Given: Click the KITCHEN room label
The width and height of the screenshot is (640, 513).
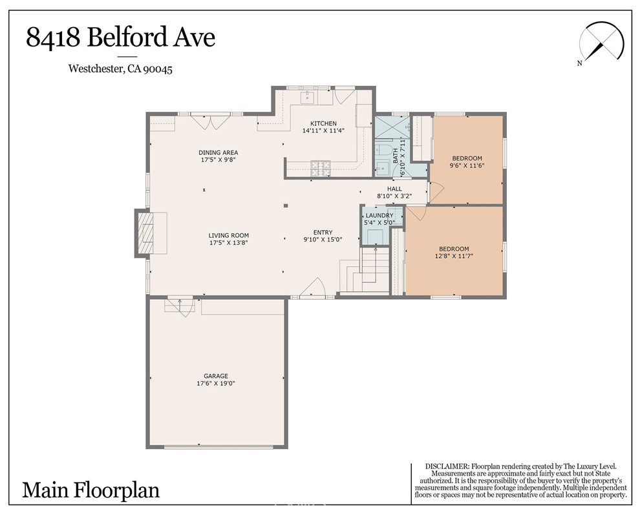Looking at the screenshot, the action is coord(323,123).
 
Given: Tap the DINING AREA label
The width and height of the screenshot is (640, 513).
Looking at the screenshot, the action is coord(218,153).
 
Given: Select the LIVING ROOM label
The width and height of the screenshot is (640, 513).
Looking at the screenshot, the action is coord(229,235).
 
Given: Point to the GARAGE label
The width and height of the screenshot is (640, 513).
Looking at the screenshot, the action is coord(216,376).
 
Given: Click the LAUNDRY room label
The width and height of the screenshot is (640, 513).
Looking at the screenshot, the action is coord(379,215).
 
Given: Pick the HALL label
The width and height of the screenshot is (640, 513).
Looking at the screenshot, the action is coord(394,189).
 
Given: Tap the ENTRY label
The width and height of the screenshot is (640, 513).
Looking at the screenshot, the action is coord(323,233).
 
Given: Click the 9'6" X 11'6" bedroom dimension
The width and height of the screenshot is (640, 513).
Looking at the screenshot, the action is coord(467,166).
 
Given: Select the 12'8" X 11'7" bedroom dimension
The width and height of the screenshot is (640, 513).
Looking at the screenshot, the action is coord(454,256).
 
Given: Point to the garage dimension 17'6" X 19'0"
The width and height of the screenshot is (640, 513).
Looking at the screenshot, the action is coord(216,384).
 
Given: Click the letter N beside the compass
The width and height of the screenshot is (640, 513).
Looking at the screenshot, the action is coord(580,63).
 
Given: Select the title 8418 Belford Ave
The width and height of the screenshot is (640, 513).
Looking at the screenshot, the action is coord(121,37).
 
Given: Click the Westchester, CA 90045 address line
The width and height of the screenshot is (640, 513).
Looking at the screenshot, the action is coord(120,68).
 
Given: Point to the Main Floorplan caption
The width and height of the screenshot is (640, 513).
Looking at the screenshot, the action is coord(91,490).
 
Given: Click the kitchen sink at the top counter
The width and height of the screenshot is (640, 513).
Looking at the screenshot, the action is coord(306,98).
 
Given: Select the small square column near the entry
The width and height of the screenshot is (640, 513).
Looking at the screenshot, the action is coord(286,205).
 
